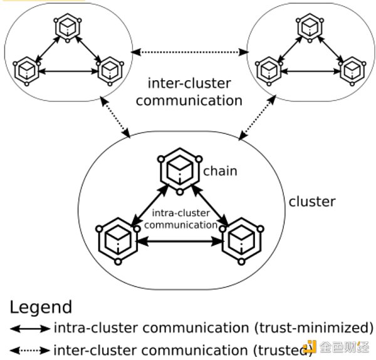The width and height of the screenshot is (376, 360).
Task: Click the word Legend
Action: pos(41,307)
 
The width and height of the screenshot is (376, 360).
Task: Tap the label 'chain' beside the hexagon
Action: pos(220,170)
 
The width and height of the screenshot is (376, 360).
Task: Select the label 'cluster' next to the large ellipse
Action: pos(311,202)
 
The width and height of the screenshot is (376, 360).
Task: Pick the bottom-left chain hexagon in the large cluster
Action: pos(117,239)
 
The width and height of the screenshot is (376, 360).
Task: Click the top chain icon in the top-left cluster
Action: pos(65,26)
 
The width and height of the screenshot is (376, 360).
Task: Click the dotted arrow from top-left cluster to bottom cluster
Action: pos(117,121)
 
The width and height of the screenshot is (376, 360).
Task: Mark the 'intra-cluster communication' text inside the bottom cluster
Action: pos(180,219)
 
